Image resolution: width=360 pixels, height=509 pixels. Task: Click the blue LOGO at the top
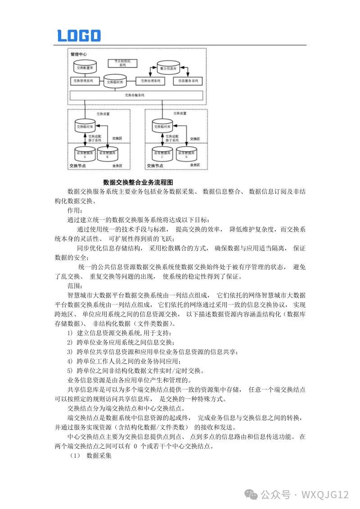pos(79,36)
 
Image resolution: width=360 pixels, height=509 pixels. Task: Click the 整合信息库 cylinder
pos(168,68)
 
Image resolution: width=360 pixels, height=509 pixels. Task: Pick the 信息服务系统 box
pos(188,81)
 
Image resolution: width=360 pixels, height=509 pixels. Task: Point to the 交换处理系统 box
pos(150,81)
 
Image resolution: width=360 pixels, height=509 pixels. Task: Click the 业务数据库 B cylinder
pos(108,154)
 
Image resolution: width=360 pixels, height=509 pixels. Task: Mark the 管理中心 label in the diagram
pos(79,54)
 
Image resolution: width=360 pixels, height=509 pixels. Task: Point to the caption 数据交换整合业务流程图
pos(138,182)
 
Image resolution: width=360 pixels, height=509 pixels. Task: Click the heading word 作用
pos(75,210)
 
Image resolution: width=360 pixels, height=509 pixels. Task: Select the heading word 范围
pos(75,286)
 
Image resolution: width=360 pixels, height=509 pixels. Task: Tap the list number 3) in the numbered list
pos(70,352)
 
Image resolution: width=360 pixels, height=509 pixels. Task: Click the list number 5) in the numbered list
pos(70,371)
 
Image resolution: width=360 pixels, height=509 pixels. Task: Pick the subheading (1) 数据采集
pos(90,455)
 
